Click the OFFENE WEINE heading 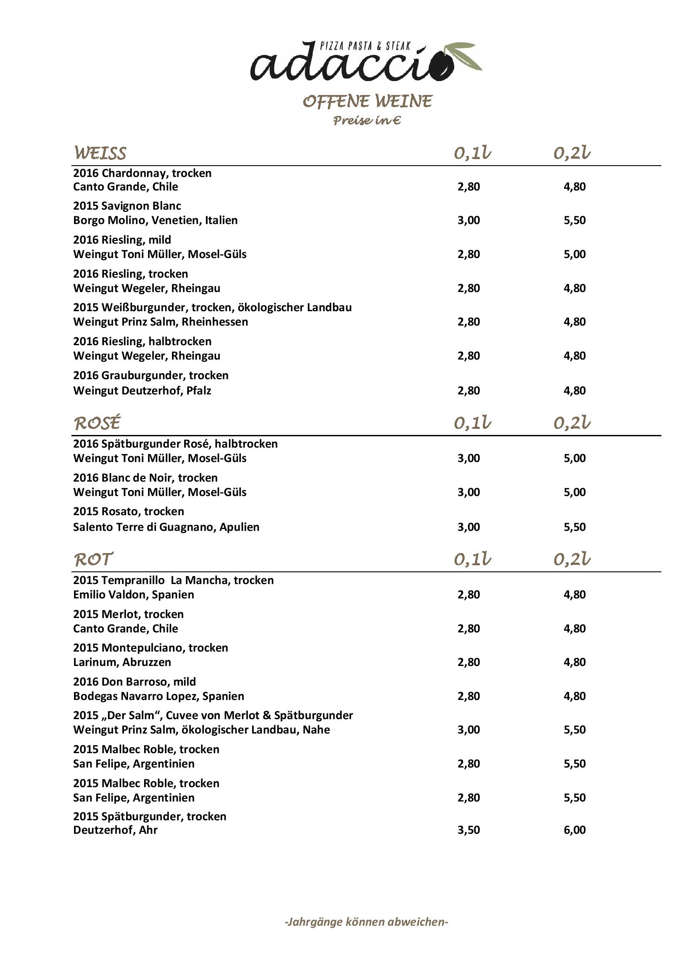[367, 102]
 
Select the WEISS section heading [100, 153]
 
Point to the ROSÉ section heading [97, 423]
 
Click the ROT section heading [93, 559]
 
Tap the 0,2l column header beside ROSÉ [572, 423]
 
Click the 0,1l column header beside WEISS [472, 153]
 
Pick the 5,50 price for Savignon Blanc [574, 220]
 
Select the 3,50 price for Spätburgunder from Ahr [468, 830]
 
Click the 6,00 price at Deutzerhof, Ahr [574, 830]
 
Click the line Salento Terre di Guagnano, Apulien [166, 527]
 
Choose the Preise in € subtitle [367, 120]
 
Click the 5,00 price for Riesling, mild [574, 254]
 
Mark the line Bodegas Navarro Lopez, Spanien [158, 696]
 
